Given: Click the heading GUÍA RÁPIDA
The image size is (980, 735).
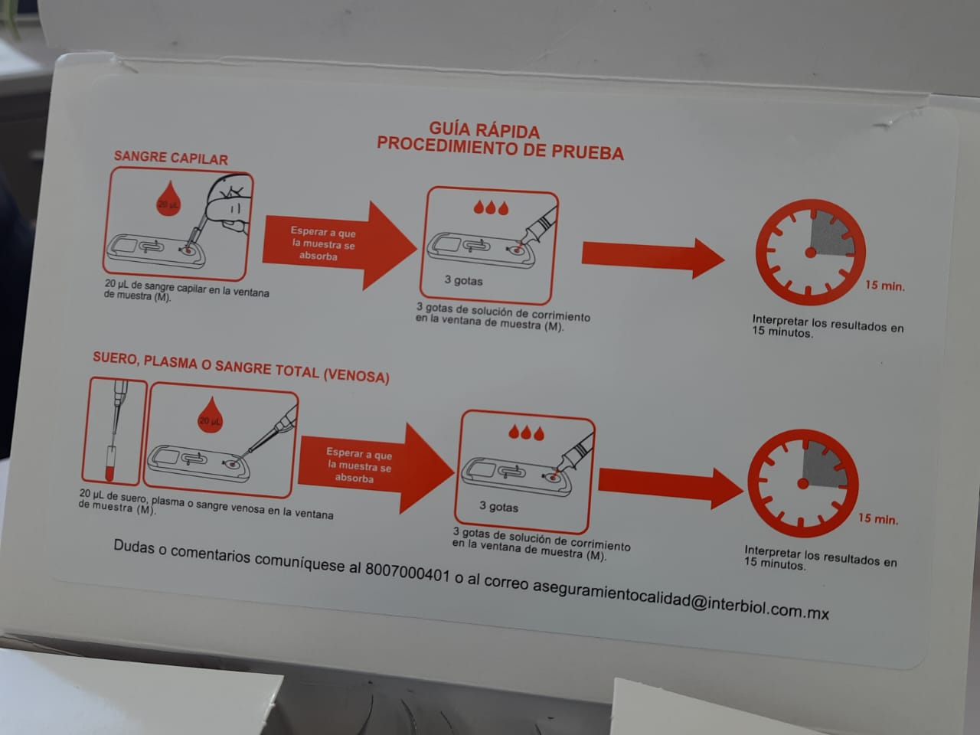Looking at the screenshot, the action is pyautogui.click(x=485, y=130).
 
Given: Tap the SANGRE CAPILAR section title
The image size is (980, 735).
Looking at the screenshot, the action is pyautogui.click(x=171, y=158).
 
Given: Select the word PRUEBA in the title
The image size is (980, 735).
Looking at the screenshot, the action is pyautogui.click(x=587, y=152).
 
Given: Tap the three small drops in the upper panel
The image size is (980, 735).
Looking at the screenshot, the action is pyautogui.click(x=491, y=207).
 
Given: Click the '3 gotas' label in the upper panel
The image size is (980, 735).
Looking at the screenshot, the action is pyautogui.click(x=463, y=280).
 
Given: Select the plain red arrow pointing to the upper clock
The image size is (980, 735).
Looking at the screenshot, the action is pyautogui.click(x=653, y=257).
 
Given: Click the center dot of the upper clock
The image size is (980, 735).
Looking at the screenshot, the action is pyautogui.click(x=810, y=253).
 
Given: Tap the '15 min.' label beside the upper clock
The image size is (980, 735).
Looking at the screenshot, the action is pyautogui.click(x=885, y=286).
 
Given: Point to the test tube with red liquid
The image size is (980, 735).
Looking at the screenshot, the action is pyautogui.click(x=109, y=463).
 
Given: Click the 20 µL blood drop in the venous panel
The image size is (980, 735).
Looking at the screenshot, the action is pyautogui.click(x=210, y=416).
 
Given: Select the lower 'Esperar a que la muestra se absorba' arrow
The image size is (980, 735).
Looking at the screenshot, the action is pyautogui.click(x=376, y=467).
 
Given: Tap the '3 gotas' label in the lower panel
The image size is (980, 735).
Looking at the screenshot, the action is pyautogui.click(x=498, y=507).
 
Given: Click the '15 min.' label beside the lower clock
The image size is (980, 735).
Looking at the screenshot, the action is pyautogui.click(x=877, y=518).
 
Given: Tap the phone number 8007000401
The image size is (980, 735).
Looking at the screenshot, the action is pyautogui.click(x=407, y=573).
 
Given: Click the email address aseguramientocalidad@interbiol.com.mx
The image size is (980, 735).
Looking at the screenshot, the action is pyautogui.click(x=681, y=599).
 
